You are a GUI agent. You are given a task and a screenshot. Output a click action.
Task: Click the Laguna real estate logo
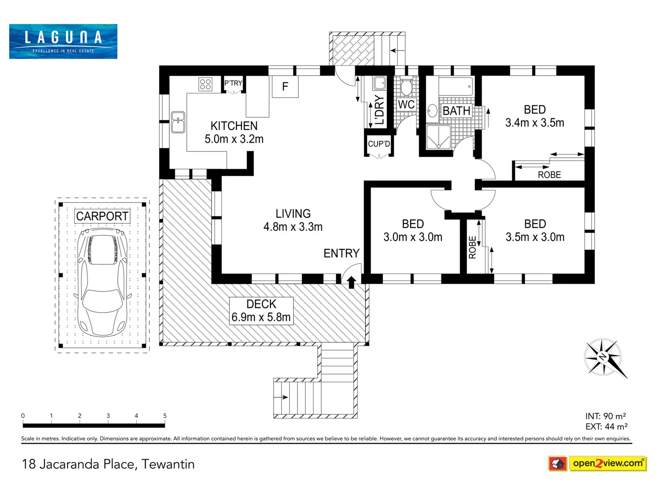(63, 41)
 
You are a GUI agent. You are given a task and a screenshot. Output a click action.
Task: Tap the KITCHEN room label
(234, 126)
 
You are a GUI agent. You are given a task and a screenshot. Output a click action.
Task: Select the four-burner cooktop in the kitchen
(205, 84)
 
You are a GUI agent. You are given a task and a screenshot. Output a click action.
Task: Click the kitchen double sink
(178, 122)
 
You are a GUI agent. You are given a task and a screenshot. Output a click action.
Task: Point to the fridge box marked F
(285, 87)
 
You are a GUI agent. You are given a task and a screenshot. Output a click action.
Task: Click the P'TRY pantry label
(233, 83)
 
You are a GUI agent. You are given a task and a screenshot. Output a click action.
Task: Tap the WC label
(406, 105)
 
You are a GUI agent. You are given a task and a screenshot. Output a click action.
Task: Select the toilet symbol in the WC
(407, 87)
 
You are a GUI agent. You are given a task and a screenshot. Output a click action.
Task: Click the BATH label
(456, 111)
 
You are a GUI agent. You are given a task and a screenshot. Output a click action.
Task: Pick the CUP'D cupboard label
(379, 144)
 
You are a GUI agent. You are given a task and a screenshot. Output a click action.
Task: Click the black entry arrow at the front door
(352, 282)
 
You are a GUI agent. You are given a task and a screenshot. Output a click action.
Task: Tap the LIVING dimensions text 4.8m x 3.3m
(293, 227)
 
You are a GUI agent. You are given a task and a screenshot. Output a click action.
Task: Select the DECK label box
(261, 311)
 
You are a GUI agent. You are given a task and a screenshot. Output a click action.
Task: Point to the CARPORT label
(102, 216)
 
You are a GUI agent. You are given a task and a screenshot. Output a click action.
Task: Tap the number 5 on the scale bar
(165, 416)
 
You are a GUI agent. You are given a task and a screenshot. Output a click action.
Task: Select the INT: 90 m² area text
(605, 416)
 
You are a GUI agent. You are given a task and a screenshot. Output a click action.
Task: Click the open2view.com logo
(598, 463)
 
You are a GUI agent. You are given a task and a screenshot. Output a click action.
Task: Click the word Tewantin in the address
(168, 464)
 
